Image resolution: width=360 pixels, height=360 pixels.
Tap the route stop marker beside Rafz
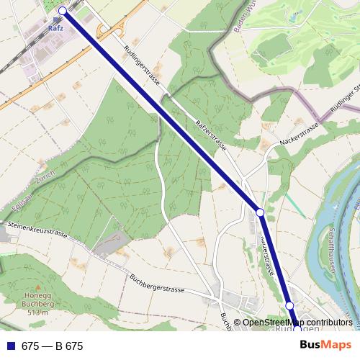coord(63,10)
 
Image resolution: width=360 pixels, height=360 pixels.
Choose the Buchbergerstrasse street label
coord(157,283)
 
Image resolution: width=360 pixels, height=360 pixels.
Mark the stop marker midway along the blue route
coord(261,213)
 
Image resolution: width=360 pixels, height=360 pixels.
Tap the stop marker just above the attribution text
coord(290,306)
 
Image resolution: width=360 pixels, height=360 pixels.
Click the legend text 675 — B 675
coord(52,346)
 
